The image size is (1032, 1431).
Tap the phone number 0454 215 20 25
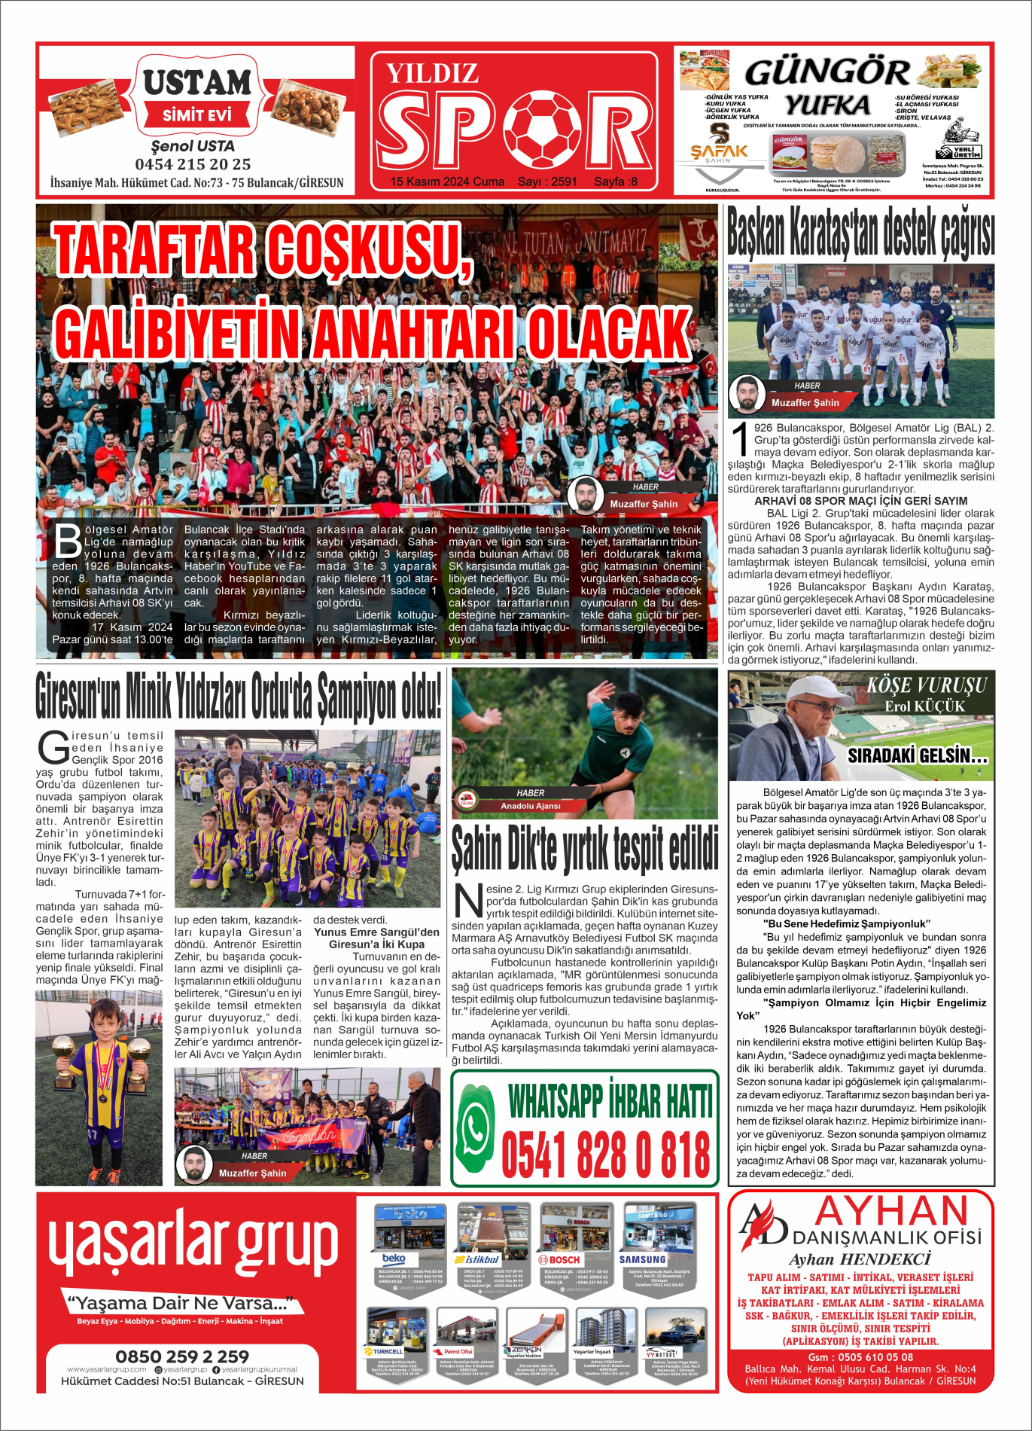point(193,164)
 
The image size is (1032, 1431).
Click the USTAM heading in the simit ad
point(197,82)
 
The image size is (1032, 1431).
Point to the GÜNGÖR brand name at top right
point(827,73)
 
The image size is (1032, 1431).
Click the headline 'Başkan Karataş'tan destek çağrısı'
point(860,233)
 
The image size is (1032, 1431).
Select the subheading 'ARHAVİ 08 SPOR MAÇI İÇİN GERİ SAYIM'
point(860,501)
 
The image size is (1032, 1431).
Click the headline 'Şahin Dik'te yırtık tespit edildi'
point(585,850)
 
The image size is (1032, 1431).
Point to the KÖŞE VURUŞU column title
point(926,685)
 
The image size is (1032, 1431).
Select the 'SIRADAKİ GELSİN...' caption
point(917,755)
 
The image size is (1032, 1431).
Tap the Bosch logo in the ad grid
point(559,1259)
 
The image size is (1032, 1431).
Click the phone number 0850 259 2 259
point(182,1356)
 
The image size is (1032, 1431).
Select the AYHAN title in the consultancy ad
point(891,1212)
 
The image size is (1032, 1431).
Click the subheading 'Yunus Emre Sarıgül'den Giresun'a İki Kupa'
point(376,938)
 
